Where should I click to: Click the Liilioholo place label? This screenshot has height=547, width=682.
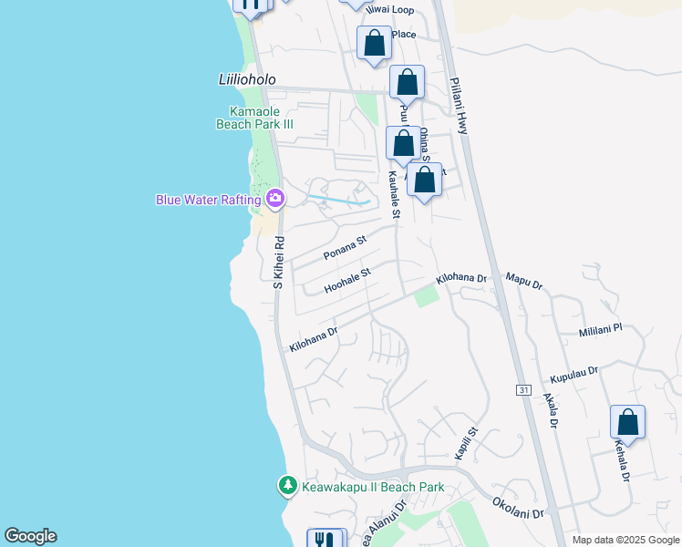click(x=247, y=79)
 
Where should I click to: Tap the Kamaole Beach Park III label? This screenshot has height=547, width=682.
click(x=254, y=118)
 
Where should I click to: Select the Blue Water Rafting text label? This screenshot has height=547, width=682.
click(x=209, y=199)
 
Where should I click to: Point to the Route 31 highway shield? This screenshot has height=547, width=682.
click(x=523, y=389)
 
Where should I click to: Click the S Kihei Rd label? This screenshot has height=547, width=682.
click(x=280, y=263)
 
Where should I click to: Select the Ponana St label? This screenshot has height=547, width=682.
click(x=344, y=246)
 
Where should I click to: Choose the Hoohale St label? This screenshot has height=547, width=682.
click(x=348, y=280)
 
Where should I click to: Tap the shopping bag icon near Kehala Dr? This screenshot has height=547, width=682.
click(x=627, y=423)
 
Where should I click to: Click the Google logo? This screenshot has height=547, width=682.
click(x=30, y=536)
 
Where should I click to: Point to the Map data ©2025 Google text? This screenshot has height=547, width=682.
click(x=625, y=540)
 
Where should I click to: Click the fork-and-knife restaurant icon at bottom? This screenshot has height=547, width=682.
click(x=325, y=539)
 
